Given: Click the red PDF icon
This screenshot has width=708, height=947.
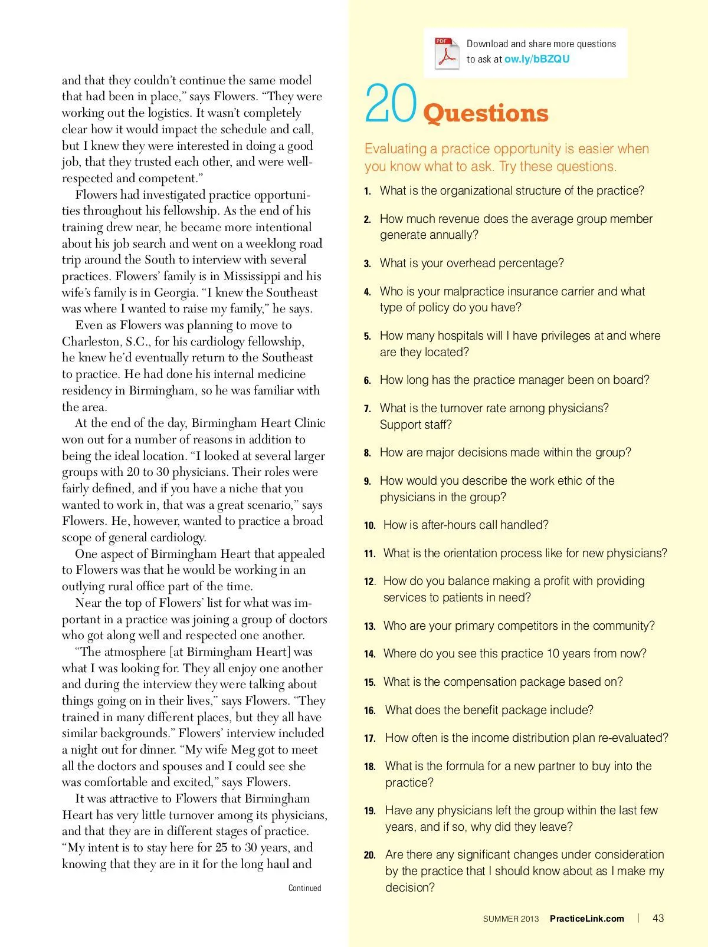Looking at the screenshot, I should (x=447, y=54).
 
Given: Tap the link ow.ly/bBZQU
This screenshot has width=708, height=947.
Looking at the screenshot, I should (x=537, y=59).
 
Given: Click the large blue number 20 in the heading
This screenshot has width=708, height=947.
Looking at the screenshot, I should (x=391, y=104).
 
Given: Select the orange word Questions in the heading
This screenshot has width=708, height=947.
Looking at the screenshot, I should (x=486, y=113).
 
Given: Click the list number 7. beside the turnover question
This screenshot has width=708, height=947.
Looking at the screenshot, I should (x=368, y=409).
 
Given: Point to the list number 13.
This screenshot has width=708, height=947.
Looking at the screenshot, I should (x=370, y=626).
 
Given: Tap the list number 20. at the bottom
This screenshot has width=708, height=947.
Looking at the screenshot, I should (x=370, y=855).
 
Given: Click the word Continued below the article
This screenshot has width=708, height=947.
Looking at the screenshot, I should (x=304, y=888).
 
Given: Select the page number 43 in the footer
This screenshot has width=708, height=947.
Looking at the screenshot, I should (x=658, y=918).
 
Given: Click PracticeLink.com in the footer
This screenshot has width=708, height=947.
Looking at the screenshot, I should (x=586, y=919).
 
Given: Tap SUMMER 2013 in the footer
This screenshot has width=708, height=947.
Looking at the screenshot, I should (x=510, y=919).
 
